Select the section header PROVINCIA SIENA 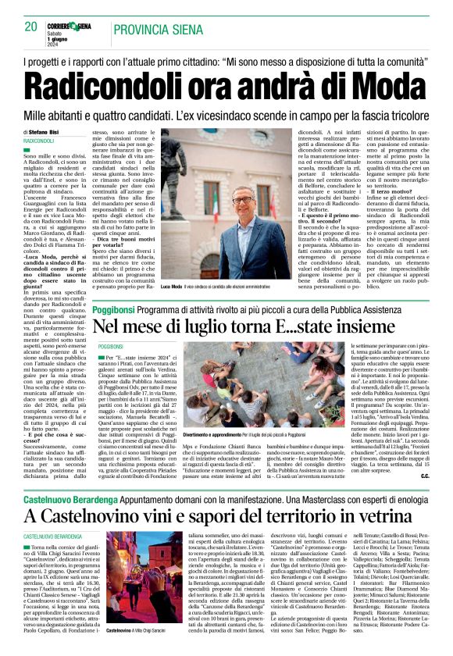(x=152, y=29)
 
